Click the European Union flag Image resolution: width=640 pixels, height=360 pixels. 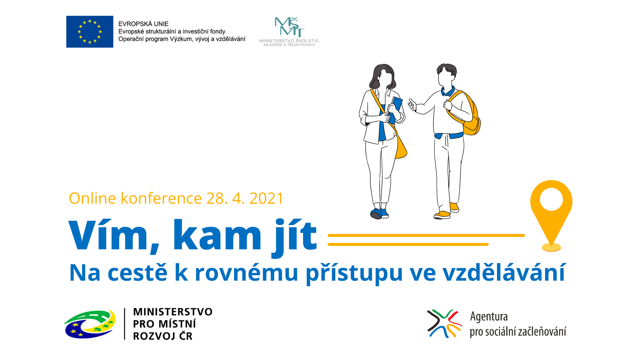pyautogui.click(x=90, y=32)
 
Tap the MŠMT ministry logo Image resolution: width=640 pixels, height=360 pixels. pyautogui.click(x=289, y=32)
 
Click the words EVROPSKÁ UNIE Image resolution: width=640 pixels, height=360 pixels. pyautogui.click(x=143, y=24)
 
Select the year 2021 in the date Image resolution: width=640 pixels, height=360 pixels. pyautogui.click(x=266, y=198)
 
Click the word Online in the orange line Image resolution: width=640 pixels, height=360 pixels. pyautogui.click(x=92, y=198)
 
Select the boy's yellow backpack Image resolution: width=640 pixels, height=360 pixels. pyautogui.click(x=467, y=113)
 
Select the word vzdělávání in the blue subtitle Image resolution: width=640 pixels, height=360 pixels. pyautogui.click(x=504, y=272)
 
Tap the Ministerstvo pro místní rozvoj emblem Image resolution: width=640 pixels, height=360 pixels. pyautogui.click(x=90, y=324)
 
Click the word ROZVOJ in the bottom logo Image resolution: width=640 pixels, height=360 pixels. pyautogui.click(x=154, y=336)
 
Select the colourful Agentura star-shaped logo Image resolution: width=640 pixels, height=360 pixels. pyautogui.click(x=445, y=323)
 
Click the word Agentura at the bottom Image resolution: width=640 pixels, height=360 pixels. pyautogui.click(x=489, y=317)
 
